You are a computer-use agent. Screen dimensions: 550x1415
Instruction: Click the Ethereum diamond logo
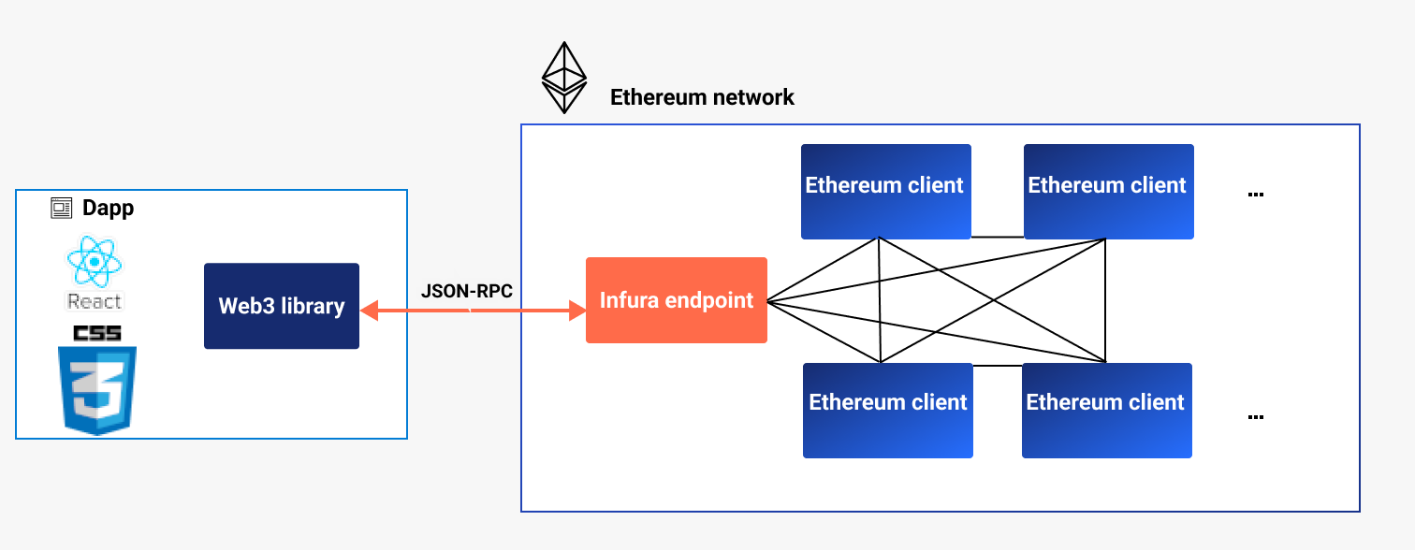(564, 77)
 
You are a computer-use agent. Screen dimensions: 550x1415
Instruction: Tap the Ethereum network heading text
(702, 97)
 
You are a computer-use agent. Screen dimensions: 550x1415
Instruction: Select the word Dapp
(108, 208)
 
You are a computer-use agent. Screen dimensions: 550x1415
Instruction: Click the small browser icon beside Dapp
(61, 208)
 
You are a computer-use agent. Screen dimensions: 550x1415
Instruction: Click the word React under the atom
(95, 301)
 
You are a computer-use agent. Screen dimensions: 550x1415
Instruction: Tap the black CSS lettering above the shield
(97, 333)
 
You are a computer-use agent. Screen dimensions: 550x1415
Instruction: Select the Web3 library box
(282, 306)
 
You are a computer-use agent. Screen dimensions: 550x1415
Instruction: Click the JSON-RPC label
(467, 291)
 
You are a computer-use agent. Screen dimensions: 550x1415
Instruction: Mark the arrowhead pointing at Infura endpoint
(576, 309)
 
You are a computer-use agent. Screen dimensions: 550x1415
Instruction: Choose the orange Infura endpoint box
(677, 300)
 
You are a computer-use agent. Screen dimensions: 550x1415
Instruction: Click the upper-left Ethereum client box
(885, 191)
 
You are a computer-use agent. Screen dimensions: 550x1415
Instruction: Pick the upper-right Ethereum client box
(1108, 191)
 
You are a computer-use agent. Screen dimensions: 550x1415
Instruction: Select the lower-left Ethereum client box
(888, 410)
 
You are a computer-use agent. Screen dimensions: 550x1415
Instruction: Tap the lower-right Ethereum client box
(1106, 410)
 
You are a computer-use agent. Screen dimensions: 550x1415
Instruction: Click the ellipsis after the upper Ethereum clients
(1256, 195)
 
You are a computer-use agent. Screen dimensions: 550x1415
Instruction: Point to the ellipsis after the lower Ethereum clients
(1256, 417)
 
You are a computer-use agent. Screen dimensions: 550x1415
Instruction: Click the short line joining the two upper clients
(997, 237)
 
